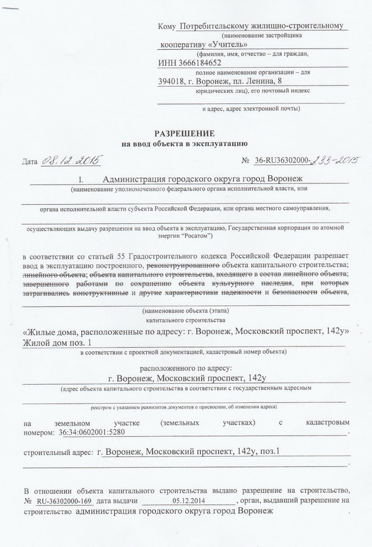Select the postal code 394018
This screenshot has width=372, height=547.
click(173, 81)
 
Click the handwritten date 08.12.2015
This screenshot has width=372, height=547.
click(71, 161)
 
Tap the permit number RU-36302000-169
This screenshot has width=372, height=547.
click(65, 501)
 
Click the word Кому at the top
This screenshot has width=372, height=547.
click(167, 26)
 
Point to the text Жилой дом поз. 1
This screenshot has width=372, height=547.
click(59, 342)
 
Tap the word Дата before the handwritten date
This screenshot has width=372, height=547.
click(30, 162)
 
